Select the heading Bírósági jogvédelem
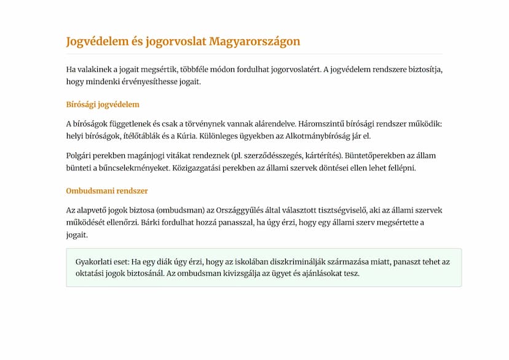coord(103,104)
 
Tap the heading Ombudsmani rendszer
coord(107,191)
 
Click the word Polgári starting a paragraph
coord(79,155)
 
